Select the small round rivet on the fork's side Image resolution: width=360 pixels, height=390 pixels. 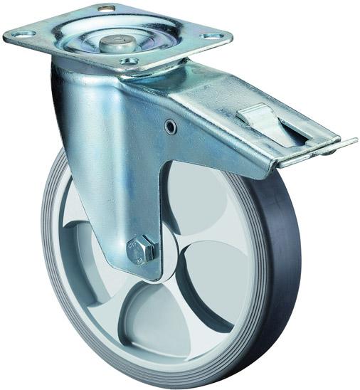[x=171, y=127]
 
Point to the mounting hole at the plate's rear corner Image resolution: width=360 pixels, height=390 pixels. [x=107, y=9]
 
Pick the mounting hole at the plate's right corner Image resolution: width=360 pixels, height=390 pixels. [x=212, y=35]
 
